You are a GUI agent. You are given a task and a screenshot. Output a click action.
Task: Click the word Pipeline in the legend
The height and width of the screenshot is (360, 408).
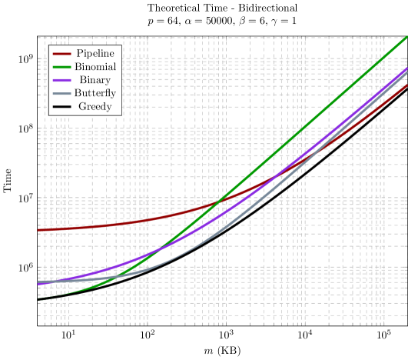[x=95, y=54]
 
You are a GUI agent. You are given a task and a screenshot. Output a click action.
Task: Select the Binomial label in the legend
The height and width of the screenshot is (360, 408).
[x=95, y=67]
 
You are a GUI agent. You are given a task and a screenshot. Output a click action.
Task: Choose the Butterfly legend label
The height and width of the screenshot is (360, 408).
[x=95, y=93]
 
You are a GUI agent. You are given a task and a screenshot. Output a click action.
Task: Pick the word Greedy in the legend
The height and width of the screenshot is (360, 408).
[x=95, y=106]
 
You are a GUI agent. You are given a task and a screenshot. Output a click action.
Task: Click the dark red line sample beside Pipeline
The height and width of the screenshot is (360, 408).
[x=61, y=54]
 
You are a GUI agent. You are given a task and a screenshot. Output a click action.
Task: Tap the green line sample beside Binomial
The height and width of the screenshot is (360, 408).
[x=61, y=67]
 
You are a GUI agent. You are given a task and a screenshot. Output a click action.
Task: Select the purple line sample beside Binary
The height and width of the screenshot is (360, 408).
[x=61, y=80]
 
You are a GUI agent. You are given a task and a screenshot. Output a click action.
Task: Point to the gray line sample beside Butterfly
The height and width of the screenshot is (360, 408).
[x=61, y=93]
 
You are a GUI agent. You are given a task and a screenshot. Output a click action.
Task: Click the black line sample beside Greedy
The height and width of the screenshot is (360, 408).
[x=61, y=106]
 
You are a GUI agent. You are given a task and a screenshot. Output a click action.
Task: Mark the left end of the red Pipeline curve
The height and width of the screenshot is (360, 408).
[x=38, y=230]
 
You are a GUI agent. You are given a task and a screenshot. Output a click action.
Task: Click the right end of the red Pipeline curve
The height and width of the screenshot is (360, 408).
[x=407, y=85]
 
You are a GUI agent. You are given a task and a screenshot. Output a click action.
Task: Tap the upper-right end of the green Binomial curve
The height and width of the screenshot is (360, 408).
[x=407, y=36]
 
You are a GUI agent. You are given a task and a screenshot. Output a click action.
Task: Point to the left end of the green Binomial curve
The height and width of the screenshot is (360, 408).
[x=38, y=297]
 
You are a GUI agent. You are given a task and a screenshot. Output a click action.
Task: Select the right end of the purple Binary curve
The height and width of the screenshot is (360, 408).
[x=407, y=69]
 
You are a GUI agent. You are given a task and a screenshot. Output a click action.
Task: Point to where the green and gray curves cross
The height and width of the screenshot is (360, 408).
[x=121, y=276]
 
